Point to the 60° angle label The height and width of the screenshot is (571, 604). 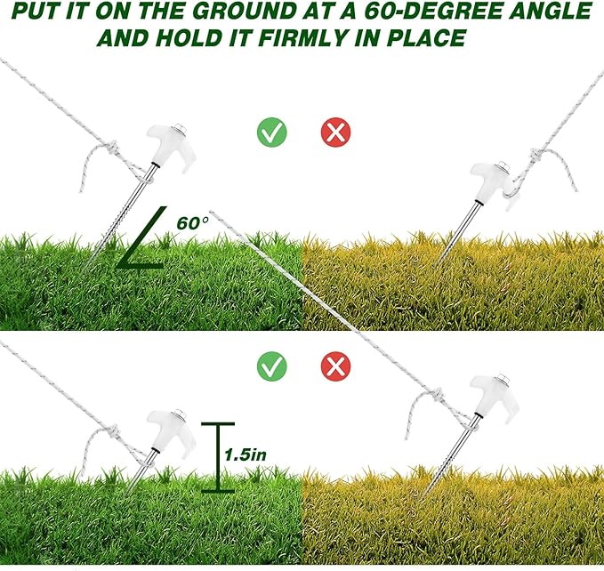(x=192, y=223)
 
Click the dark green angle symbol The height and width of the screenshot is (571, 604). (x=141, y=237)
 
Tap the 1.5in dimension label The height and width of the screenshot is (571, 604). (x=245, y=454)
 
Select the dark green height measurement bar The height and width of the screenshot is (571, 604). (x=218, y=457)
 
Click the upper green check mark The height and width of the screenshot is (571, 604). (x=272, y=132)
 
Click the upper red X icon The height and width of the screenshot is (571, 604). (x=336, y=132)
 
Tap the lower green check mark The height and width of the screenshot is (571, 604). (x=272, y=366)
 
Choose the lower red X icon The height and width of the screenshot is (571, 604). (x=336, y=366)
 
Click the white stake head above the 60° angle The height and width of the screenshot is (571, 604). (x=171, y=147)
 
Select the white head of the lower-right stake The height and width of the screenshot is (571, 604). (x=495, y=398)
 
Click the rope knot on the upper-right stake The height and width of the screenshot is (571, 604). (x=536, y=155)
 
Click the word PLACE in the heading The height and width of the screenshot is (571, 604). (x=427, y=38)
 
